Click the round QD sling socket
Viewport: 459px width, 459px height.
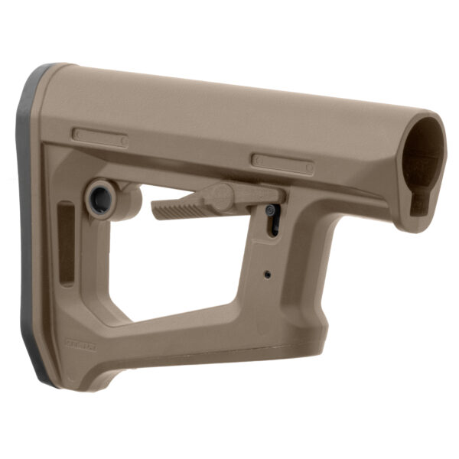point(100,199)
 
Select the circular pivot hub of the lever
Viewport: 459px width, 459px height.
point(221,197)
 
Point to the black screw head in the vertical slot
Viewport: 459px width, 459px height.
point(269,210)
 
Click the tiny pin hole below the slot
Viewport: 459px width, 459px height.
point(266,273)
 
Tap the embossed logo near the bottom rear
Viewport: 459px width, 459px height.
point(80,345)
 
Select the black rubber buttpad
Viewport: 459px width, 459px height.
point(29,229)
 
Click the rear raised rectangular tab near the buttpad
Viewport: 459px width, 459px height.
point(100,138)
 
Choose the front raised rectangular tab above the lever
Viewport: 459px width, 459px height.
point(282,163)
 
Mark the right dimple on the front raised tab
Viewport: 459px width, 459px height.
point(308,166)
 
